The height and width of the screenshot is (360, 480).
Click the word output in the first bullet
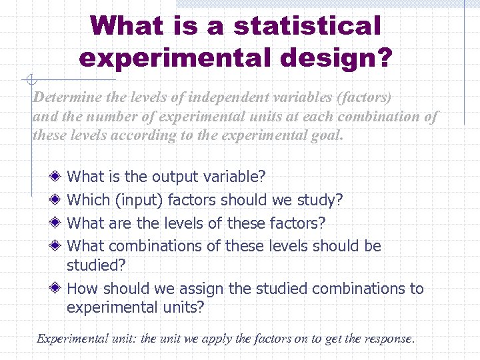click(175, 177)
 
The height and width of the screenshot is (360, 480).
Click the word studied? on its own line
click(97, 265)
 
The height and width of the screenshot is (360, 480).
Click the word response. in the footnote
click(389, 339)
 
